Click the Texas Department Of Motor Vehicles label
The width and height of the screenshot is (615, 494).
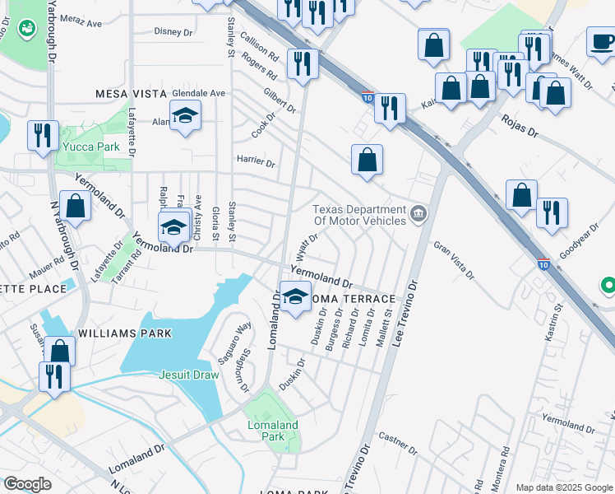[359, 214]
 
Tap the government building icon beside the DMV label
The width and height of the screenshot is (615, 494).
[419, 215]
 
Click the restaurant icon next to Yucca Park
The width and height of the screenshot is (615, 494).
[42, 135]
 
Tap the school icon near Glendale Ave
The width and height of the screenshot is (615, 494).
[186, 115]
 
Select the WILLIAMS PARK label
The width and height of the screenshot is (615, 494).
[125, 333]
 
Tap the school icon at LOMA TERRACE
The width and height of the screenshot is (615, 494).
[295, 297]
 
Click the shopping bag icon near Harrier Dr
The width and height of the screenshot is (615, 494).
[367, 159]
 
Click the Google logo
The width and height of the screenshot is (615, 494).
[27, 484]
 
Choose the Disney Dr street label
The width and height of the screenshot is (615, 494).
[173, 32]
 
